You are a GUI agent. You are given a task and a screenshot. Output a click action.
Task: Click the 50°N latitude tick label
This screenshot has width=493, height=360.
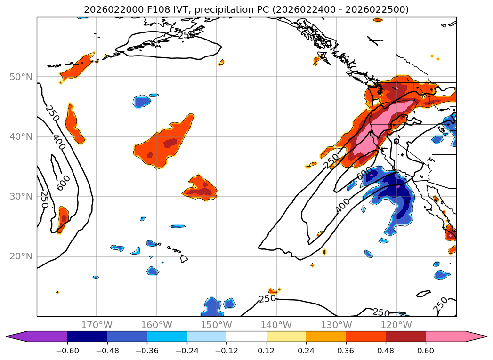(21, 77)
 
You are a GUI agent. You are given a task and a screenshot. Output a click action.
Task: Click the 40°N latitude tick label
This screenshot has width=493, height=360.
(21, 136)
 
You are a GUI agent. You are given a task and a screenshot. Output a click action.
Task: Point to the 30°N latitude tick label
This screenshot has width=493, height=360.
(21, 196)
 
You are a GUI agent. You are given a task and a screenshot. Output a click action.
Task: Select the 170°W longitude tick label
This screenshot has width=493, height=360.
(97, 325)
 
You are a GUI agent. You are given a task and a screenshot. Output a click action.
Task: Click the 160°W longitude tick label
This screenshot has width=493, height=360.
(156, 325)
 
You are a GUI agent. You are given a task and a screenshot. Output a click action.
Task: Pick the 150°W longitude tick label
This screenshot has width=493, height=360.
(216, 325)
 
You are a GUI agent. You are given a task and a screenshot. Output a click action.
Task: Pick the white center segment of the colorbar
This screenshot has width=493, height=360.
(246, 336)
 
